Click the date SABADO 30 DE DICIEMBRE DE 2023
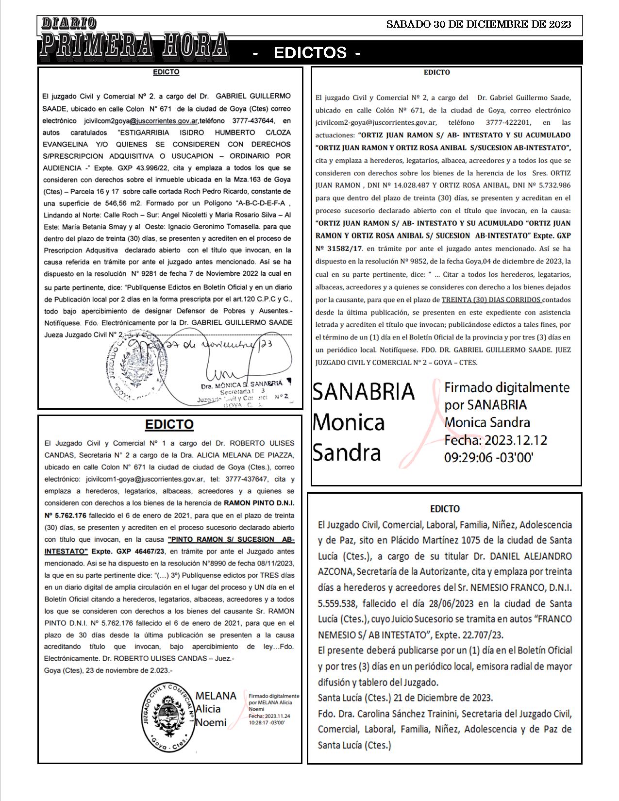tap(478, 24)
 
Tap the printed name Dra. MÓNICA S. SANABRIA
tap(241, 384)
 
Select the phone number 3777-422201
tap(508, 123)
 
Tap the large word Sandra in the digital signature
tap(346, 452)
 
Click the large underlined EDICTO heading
tap(169, 424)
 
